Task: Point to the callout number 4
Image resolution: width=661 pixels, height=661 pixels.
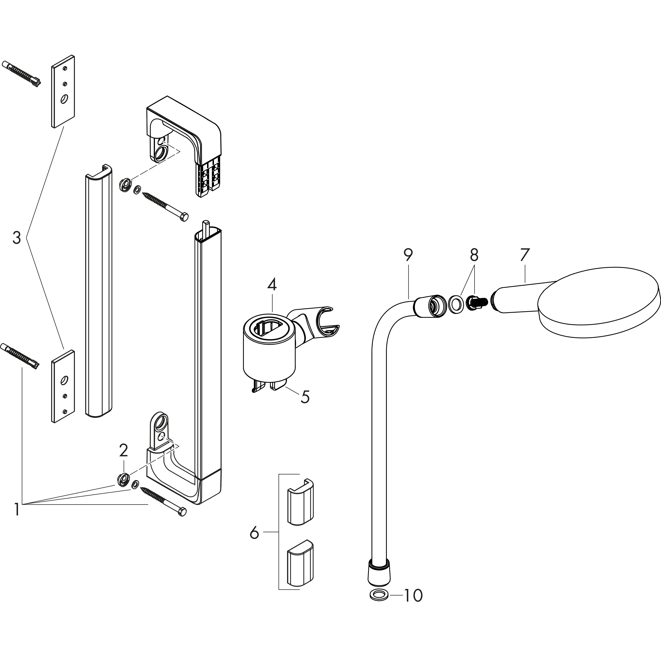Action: click(272, 285)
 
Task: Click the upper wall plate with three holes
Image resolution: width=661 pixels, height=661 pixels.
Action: click(63, 91)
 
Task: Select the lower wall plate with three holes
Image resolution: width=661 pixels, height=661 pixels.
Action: click(63, 386)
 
